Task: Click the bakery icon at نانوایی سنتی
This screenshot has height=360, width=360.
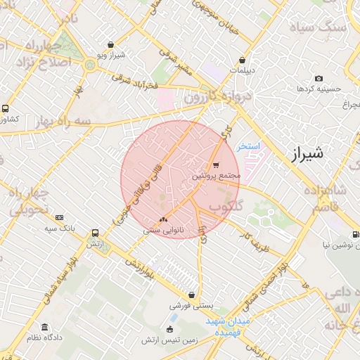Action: click(164, 221)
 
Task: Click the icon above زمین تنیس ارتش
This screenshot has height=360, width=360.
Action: click(169, 329)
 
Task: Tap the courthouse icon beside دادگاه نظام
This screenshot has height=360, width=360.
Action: click(45, 328)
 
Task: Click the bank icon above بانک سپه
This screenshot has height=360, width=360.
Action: click(59, 217)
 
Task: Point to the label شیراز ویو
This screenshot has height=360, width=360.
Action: click(110, 55)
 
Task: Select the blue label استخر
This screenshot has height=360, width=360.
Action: click(248, 146)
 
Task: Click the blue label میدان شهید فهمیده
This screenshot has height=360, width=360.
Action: click(231, 326)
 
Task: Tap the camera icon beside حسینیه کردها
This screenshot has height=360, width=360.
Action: click(319, 78)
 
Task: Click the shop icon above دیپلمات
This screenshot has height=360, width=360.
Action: click(243, 60)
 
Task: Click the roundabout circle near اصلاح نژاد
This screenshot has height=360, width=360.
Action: click(89, 65)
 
